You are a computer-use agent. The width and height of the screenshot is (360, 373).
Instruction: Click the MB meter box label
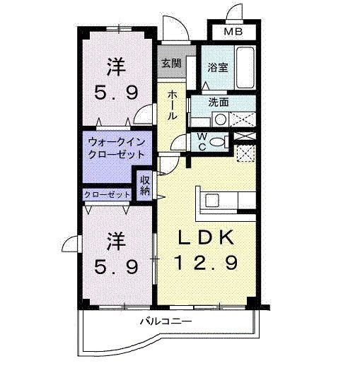pyautogui.click(x=232, y=32)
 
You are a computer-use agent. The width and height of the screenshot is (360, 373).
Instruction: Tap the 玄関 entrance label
pyautogui.click(x=170, y=64)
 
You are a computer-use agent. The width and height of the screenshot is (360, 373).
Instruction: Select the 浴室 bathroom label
pyautogui.click(x=217, y=67)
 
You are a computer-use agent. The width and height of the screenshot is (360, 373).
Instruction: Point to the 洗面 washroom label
pyautogui.click(x=218, y=102)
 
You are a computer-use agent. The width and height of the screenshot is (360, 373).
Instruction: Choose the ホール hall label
pyautogui.click(x=172, y=105)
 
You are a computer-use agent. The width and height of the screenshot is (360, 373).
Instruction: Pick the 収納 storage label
pyautogui.click(x=145, y=185)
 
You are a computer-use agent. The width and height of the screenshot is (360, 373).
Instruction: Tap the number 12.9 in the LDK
pyautogui.click(x=205, y=263)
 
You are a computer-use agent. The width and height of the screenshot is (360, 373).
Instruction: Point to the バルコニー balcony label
pyautogui.click(x=166, y=322)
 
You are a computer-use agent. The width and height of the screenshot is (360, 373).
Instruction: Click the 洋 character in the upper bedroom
pyautogui.click(x=116, y=68)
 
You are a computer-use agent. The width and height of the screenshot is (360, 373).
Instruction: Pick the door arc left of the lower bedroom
pyautogui.click(x=71, y=244)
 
